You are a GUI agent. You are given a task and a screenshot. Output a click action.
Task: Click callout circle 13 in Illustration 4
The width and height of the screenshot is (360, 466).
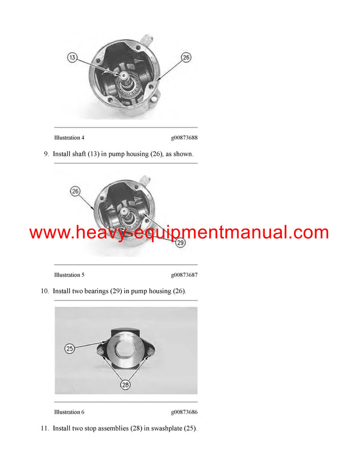(73, 57)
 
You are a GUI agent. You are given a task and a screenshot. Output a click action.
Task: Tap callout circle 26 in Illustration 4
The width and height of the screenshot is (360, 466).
(186, 57)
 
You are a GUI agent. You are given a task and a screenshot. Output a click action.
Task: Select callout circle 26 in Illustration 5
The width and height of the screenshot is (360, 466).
(76, 192)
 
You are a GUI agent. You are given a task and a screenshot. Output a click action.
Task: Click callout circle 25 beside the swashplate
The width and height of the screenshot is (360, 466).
(70, 348)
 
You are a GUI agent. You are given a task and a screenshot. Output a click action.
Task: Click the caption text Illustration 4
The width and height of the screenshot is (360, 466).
(69, 138)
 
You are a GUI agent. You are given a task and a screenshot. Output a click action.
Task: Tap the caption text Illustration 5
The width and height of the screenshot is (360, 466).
(69, 274)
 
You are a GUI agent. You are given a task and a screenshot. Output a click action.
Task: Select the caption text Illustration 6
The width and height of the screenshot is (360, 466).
(69, 412)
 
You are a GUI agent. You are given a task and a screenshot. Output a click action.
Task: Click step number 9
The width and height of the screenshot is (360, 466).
(46, 154)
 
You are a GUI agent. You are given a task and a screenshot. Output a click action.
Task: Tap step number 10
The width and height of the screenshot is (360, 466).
(44, 291)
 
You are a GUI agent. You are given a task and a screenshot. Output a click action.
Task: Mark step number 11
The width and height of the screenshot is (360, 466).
(44, 428)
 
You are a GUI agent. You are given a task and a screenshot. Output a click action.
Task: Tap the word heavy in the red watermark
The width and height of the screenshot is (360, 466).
(98, 233)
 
